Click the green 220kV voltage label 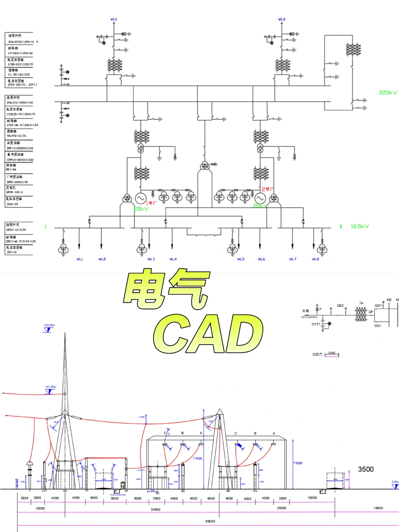[388, 93]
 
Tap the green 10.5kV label [359, 226]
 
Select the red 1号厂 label [151, 203]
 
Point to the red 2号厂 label [267, 189]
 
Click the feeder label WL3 [151, 259]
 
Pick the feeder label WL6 [261, 259]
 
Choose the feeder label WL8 [315, 259]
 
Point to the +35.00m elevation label [49, 325]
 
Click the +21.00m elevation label [51, 387]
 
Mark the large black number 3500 [366, 469]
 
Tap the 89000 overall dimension [210, 521]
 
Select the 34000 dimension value [156, 509]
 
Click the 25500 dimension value [282, 508]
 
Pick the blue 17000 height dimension [198, 458]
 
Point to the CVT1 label [316, 324]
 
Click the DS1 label [378, 326]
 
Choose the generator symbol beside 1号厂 [140, 198]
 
